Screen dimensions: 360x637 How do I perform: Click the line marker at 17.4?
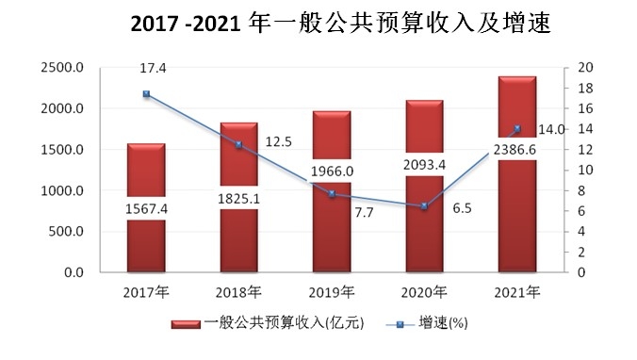pos(146,94)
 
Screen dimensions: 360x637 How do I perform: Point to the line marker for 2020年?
pos(424,205)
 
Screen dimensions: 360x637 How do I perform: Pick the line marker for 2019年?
pos(332,193)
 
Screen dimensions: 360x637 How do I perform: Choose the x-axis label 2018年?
pos(238,290)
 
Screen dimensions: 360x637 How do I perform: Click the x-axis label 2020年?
pos(424,290)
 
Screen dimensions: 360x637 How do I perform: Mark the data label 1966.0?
pos(332,172)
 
